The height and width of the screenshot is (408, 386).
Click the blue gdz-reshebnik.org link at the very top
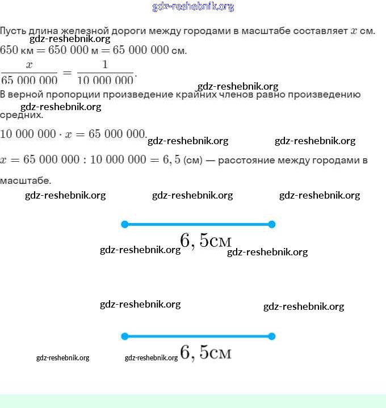tap(193, 7)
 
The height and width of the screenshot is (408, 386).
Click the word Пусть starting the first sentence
tap(11, 31)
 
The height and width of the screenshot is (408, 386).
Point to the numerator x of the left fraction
tap(29, 65)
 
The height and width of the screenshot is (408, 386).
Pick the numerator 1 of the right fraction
tap(105, 65)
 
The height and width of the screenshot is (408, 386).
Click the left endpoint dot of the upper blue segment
tap(125, 224)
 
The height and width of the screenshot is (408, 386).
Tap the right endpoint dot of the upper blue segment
tap(271, 224)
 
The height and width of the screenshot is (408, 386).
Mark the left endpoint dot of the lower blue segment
tap(125, 336)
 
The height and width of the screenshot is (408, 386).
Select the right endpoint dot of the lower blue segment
tap(271, 336)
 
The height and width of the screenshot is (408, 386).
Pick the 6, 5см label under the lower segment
tap(205, 352)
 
